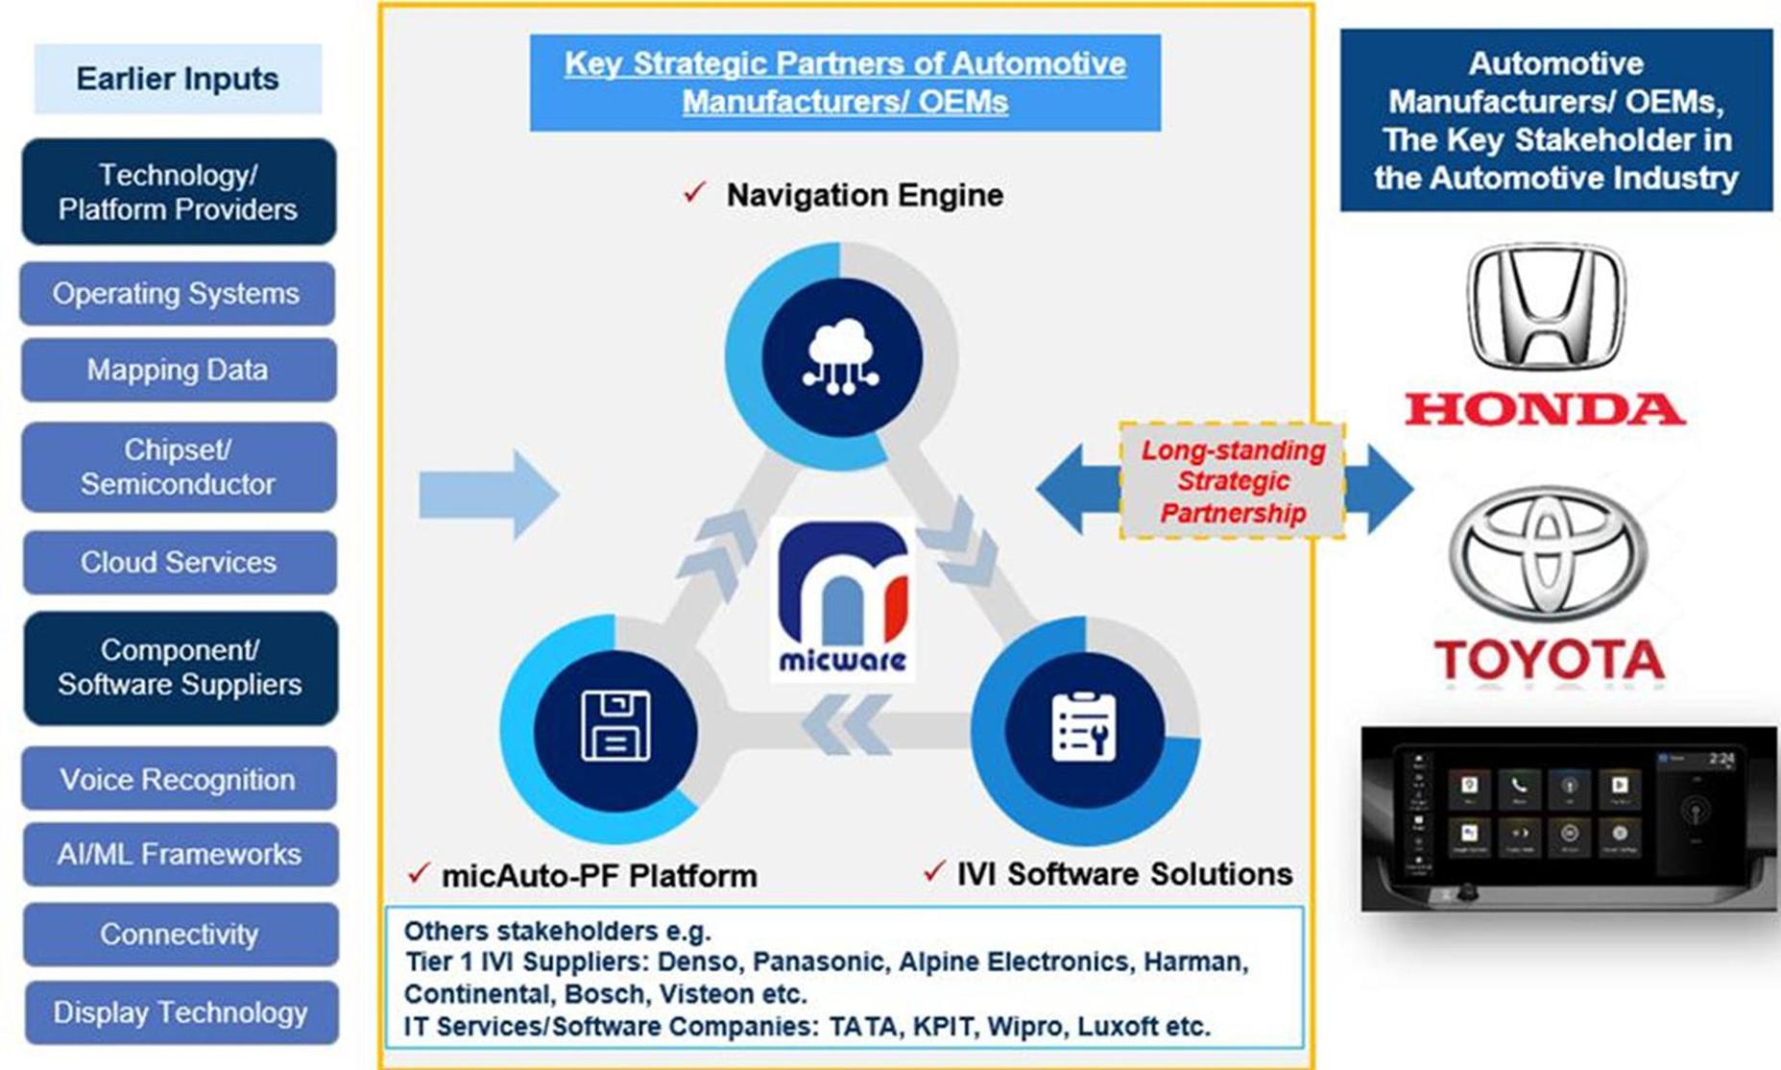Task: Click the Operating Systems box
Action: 178,293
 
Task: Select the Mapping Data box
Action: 178,370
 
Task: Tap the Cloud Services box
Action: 179,562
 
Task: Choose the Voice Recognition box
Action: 179,779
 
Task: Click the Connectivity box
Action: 180,934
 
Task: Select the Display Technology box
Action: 181,1012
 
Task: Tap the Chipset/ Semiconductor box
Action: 179,467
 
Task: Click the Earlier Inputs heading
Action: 178,79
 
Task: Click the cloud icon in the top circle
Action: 841,357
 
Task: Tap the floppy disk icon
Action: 615,726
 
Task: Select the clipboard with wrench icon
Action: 1084,726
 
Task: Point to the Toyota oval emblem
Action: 1548,552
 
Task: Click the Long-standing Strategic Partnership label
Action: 1232,481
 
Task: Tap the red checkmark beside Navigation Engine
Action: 695,192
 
